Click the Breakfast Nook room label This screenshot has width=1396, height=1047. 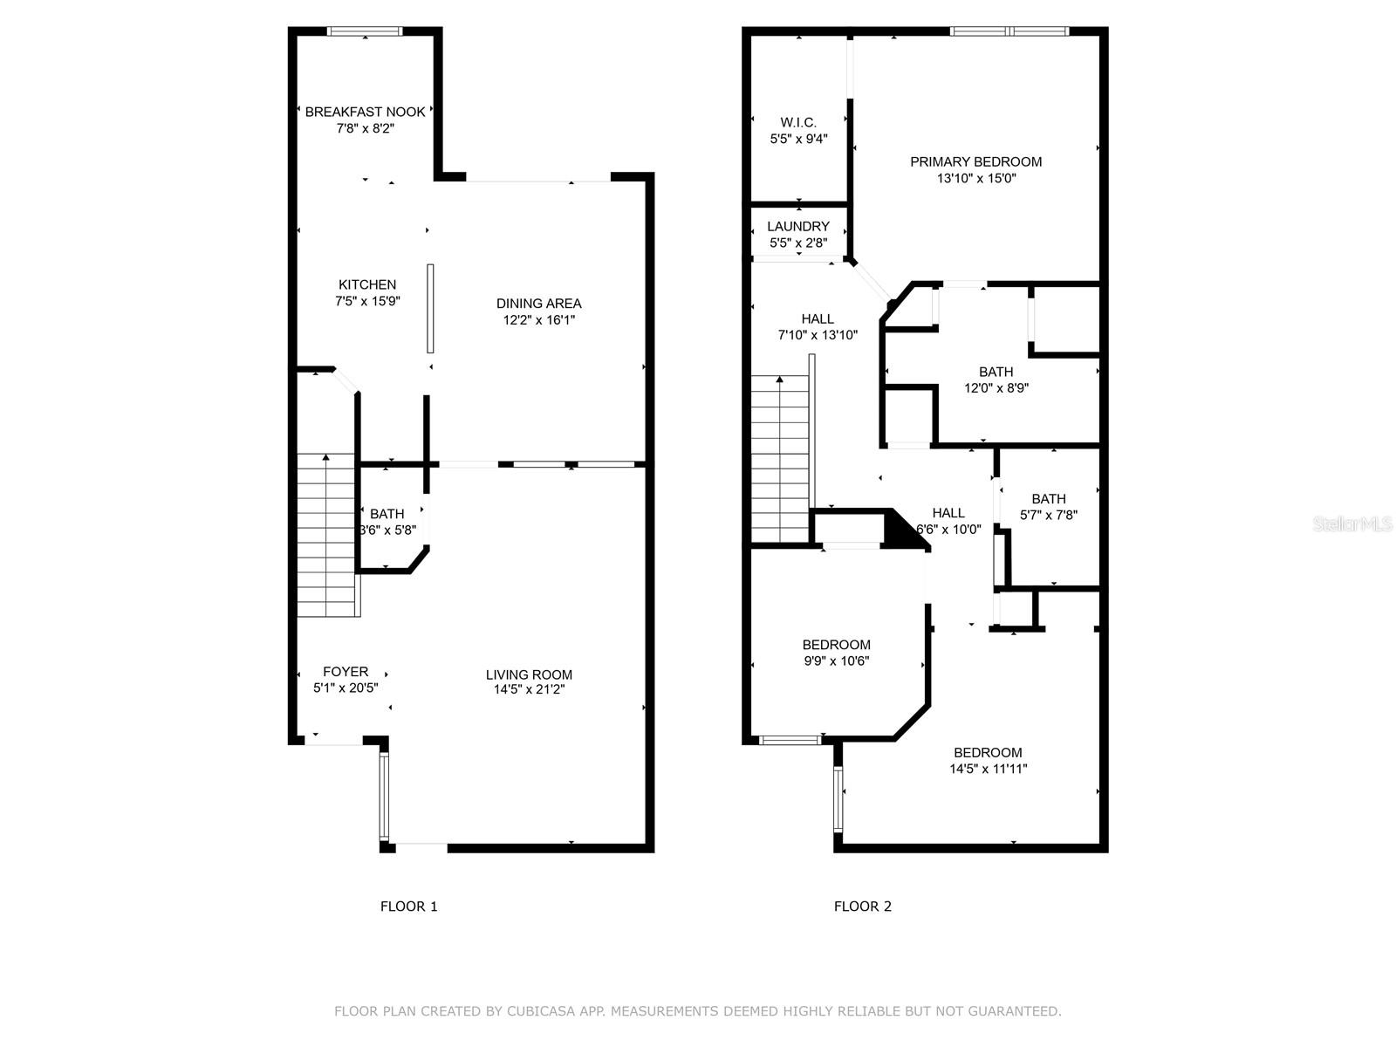click(x=365, y=112)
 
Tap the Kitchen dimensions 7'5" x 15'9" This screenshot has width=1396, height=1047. click(x=367, y=301)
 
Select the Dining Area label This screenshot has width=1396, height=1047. click(x=538, y=304)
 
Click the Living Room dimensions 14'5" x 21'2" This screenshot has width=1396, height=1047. click(x=529, y=690)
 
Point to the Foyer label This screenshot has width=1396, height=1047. click(x=346, y=672)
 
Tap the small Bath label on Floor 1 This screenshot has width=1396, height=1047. click(x=387, y=514)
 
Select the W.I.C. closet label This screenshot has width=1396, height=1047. click(x=798, y=122)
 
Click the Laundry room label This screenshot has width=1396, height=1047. click(x=798, y=226)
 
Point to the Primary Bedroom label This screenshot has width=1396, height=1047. click(x=975, y=161)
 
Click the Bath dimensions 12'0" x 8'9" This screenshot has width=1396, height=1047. click(x=996, y=388)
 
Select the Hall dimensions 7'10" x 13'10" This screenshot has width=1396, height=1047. click(x=818, y=335)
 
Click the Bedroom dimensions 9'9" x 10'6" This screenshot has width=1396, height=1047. click(x=836, y=660)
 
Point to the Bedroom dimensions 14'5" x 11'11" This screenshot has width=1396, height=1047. click(x=988, y=769)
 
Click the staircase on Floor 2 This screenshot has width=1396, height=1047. click(x=780, y=458)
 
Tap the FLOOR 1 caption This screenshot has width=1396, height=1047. click(x=408, y=907)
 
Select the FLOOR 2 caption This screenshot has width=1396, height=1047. click(x=862, y=907)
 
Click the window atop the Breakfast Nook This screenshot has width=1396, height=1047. click(x=365, y=31)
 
